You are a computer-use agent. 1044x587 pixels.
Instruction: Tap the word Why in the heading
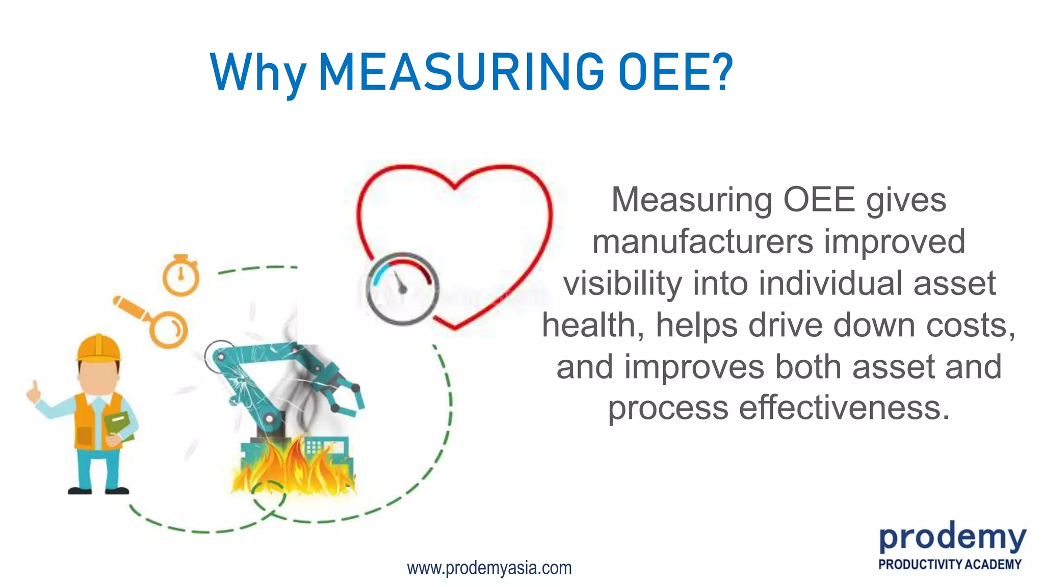coord(258,74)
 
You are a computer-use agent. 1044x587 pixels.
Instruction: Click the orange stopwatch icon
coord(181,277)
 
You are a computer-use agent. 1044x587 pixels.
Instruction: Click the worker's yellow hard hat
coord(99,349)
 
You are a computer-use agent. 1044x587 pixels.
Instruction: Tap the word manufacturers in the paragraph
coord(702,242)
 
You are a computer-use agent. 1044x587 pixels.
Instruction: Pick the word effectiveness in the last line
coord(844,408)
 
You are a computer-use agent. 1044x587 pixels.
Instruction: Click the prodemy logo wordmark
coord(952,539)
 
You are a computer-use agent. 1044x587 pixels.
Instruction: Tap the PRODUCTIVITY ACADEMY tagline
coord(950,565)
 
